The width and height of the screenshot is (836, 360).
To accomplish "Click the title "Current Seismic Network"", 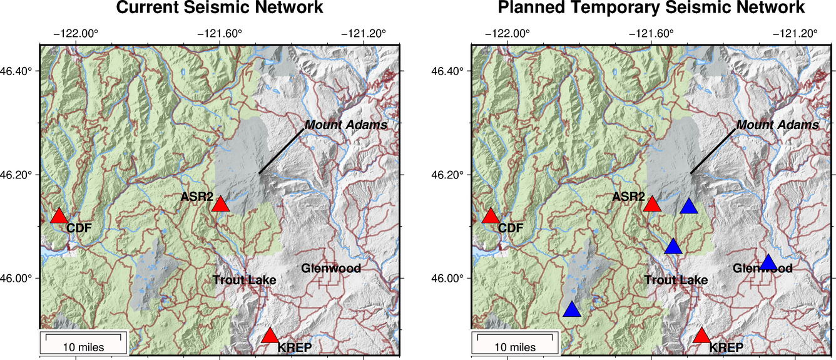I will [220, 8].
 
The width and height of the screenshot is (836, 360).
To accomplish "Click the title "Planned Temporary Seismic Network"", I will [651, 8].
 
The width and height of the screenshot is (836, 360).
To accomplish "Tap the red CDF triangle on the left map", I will [59, 216].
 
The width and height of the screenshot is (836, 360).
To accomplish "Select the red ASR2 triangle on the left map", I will [220, 204].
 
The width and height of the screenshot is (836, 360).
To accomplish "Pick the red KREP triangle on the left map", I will [270, 336].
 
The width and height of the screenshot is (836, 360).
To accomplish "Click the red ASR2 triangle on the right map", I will [652, 204].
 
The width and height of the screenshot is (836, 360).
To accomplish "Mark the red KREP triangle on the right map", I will [701, 336].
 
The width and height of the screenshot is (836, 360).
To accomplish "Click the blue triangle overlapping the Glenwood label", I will [768, 262].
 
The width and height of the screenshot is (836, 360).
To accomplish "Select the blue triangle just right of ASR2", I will [689, 207].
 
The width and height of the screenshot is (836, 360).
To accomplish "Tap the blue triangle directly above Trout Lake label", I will [673, 247].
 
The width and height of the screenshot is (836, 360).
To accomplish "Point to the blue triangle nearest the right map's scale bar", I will [571, 310].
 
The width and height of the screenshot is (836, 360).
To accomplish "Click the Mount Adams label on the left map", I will [346, 125].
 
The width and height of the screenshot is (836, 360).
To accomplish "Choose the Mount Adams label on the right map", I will [777, 125].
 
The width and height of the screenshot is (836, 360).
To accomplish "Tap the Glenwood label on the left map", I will [331, 269].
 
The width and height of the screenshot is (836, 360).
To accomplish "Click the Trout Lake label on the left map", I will [244, 280].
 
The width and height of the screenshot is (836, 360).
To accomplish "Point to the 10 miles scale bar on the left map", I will [84, 343].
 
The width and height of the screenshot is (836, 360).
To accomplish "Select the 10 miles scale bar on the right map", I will [515, 343].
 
